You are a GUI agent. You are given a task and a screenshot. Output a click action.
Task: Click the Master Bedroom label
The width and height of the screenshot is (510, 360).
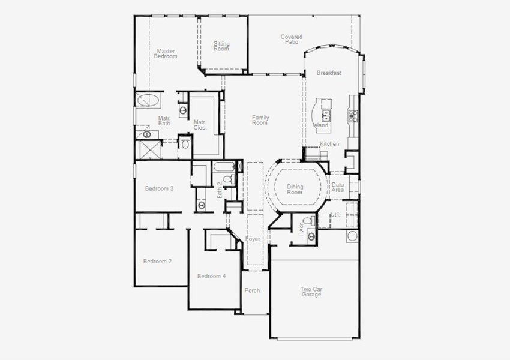click(165, 54)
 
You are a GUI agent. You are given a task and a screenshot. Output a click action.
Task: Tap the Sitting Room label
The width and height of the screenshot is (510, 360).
click(221, 46)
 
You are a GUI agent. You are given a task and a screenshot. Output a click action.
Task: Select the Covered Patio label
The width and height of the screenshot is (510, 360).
click(291, 40)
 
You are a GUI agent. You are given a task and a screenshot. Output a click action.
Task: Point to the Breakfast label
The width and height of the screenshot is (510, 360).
click(329, 73)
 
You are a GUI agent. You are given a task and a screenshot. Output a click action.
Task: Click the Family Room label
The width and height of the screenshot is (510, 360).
click(260, 120)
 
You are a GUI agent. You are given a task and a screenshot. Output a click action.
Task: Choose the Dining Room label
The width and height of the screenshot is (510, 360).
click(295, 190)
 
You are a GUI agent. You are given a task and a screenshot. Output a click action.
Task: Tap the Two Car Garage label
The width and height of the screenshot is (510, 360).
click(311, 292)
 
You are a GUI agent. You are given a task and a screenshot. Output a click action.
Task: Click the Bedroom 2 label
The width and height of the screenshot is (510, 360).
click(157, 261)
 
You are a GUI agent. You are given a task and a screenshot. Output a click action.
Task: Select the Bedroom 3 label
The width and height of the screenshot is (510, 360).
click(159, 188)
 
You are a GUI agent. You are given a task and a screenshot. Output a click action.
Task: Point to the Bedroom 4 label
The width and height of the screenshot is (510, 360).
click(211, 276)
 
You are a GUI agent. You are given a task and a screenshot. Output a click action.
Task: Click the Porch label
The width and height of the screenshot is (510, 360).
click(252, 290)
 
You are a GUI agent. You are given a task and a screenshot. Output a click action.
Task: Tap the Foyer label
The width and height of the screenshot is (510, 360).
click(253, 239)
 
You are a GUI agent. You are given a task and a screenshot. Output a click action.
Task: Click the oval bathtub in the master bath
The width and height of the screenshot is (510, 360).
click(147, 100)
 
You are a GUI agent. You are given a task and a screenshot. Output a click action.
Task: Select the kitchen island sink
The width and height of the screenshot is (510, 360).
click(326, 115)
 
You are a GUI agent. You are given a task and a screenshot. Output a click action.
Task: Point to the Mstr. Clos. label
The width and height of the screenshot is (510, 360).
click(200, 125)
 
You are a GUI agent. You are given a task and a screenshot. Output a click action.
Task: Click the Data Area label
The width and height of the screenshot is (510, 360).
click(338, 188)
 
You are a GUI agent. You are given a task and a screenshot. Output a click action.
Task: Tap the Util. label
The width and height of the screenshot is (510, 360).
click(335, 214)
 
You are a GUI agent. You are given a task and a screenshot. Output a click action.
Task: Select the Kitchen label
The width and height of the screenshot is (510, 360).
click(329, 144)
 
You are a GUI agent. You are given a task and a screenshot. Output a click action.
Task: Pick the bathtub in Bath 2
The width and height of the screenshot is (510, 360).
click(226, 166)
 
